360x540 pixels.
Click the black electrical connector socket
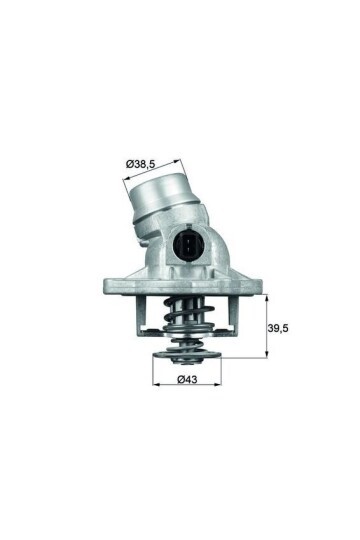[187, 246]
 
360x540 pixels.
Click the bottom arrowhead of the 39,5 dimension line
[265, 356]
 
